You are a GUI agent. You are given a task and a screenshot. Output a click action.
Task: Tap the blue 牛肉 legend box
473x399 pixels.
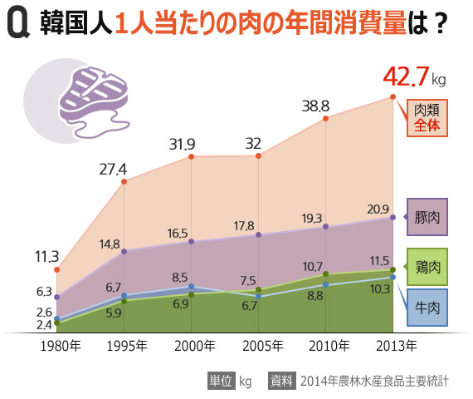coord(427,308)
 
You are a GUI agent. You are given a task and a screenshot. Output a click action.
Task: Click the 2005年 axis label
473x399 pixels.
coord(259,345)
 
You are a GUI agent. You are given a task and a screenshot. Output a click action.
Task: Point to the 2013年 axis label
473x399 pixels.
coord(392,345)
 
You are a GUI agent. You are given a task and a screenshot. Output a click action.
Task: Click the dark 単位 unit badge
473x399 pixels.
coord(220,382)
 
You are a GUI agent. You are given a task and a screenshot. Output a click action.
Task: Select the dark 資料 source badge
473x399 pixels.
coord(281,382)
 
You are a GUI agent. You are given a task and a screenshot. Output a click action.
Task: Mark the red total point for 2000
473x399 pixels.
coord(192,156)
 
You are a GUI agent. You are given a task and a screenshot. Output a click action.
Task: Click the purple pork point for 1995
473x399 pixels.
coord(124,251)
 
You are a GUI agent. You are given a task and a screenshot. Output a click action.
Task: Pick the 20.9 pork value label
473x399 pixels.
coord(378,209)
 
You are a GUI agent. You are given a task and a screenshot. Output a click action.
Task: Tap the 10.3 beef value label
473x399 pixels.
coord(379,289)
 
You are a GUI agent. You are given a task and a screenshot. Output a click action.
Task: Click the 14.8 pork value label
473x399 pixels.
coord(110,244)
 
